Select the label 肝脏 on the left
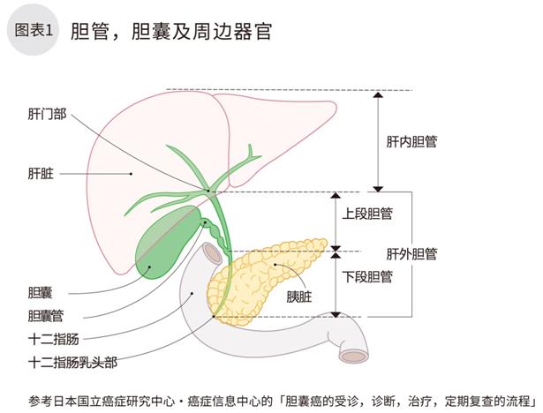coord(41,174)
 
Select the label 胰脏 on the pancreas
coord(299,297)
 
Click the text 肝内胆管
coord(412,141)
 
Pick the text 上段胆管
coord(367,213)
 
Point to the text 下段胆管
coord(367,275)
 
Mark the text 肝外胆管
coord(412,254)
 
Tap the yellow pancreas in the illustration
coord(283,265)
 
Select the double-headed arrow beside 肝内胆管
coord(378,141)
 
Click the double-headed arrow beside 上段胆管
coord(336,220)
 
